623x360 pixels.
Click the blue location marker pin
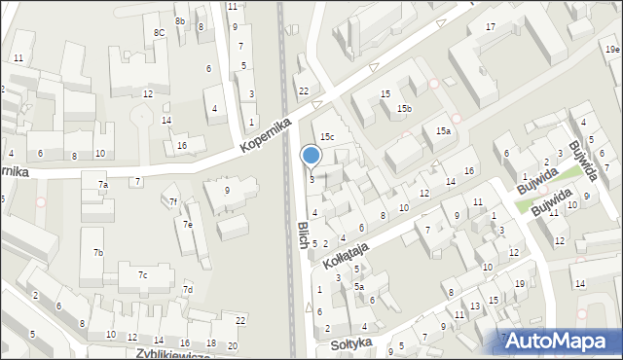point(311,157)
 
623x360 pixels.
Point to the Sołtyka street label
point(350,343)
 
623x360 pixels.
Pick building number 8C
point(159,33)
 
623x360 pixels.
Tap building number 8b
point(180,20)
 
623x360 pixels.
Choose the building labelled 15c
point(328,137)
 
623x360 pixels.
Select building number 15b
point(403,109)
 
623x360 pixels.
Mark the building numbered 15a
point(443,130)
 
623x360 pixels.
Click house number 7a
point(102,184)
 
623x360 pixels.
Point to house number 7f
point(173,202)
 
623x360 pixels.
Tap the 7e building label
point(189,226)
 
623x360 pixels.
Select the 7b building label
point(97,253)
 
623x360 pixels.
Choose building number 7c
point(142,275)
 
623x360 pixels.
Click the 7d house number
point(188,290)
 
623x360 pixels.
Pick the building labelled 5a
point(358,287)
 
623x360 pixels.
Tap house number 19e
point(610,49)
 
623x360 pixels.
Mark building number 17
point(491,26)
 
